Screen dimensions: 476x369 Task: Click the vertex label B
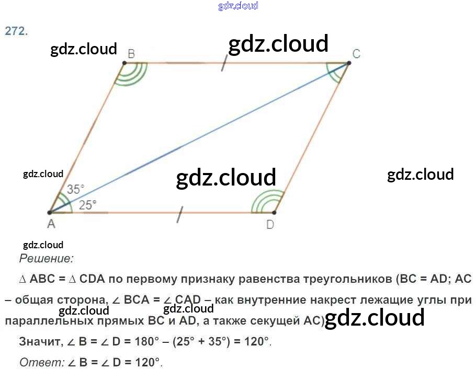[131, 53]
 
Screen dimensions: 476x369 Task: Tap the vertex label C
[356, 54]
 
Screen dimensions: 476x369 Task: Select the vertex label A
[51, 224]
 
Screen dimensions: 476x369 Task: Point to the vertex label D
[270, 225]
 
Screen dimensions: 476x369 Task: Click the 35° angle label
[75, 190]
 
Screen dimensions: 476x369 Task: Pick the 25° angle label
[88, 205]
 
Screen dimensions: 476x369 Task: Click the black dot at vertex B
[124, 63]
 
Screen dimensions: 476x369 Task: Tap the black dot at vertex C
[348, 63]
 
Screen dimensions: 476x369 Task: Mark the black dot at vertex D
[274, 213]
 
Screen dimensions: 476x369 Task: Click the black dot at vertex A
[49, 213]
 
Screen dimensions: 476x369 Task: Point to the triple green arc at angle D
[264, 202]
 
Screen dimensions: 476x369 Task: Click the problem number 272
[16, 31]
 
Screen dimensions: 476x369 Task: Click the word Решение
[46, 258]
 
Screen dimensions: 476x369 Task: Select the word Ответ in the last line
[39, 362]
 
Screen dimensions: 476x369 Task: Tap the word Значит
[39, 342]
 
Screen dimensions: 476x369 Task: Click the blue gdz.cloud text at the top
[238, 6]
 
